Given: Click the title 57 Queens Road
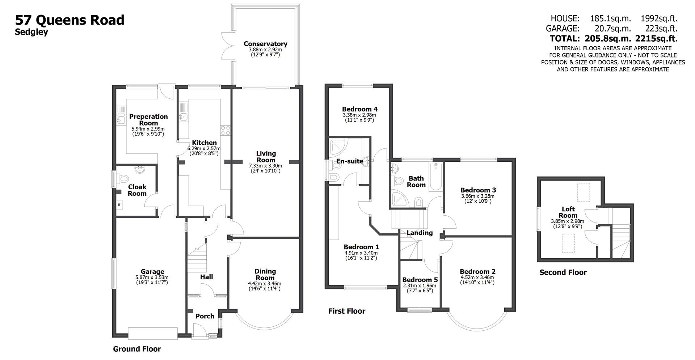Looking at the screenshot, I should (69, 20).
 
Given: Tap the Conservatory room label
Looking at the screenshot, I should (265, 44).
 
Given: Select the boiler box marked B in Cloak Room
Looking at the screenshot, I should (119, 205).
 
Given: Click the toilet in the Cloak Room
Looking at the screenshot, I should (124, 178).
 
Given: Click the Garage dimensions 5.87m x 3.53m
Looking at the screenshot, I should (152, 278).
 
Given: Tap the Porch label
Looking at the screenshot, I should (205, 316).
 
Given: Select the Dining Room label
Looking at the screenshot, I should (265, 274).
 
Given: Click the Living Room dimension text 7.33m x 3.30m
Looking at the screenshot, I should (265, 166).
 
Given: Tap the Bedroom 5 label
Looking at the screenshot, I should (420, 280).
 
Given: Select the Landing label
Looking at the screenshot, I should (419, 233).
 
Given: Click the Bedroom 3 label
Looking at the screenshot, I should (478, 190).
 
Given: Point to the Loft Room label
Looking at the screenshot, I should (568, 212).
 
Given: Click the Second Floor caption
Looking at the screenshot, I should (563, 272).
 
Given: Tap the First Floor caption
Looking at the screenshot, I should (346, 311).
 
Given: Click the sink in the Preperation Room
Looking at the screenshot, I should (120, 118).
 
